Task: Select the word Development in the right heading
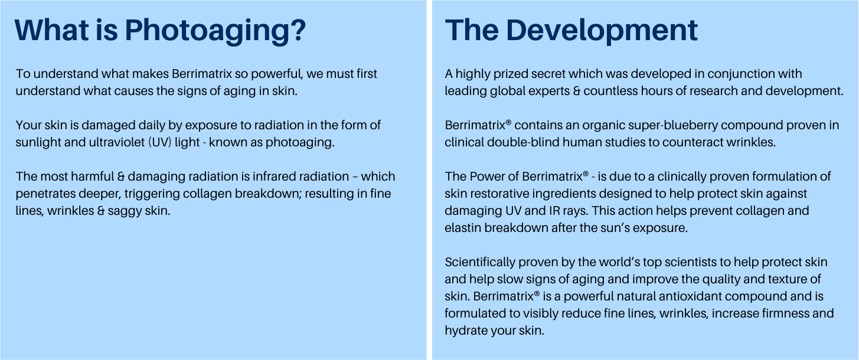coord(602,31)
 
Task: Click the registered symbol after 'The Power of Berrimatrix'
coord(586,174)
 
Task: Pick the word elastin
coord(463,228)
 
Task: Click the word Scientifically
coord(480,262)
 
